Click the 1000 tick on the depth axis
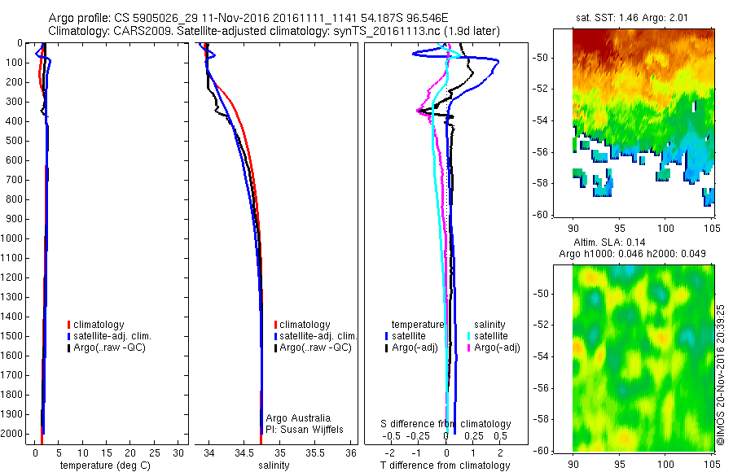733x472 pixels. (x=12, y=238)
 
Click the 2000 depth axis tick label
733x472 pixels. (x=12, y=435)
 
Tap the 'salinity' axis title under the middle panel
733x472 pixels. (x=274, y=465)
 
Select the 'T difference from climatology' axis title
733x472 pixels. (x=446, y=465)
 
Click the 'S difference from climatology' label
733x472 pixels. (x=446, y=424)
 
